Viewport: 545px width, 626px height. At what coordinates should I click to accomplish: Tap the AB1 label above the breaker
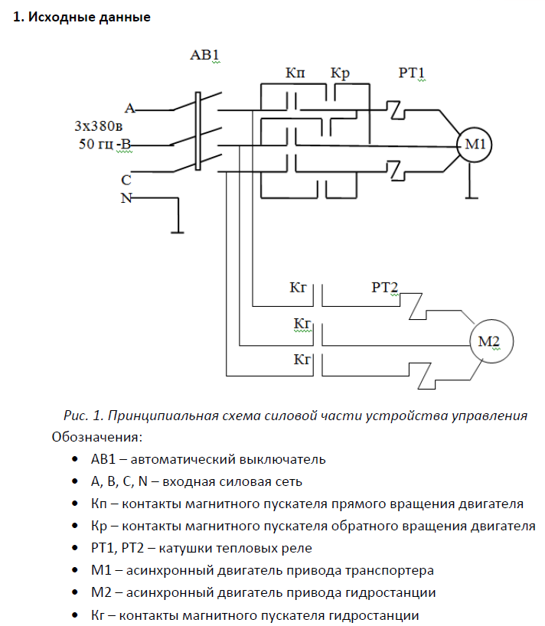[x=204, y=54]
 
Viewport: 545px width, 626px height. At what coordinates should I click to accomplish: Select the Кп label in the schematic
[x=295, y=73]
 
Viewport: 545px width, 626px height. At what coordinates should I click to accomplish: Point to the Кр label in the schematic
[x=340, y=74]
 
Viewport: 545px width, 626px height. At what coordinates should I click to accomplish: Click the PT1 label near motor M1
[x=411, y=73]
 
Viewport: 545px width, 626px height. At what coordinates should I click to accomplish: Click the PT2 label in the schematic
[x=385, y=287]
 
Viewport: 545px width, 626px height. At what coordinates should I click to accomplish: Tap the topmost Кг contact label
[x=298, y=287]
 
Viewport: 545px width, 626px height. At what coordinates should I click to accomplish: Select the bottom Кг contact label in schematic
[x=302, y=360]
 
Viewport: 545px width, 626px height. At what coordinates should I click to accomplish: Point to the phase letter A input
[x=130, y=108]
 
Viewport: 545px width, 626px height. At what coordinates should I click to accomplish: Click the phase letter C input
[x=126, y=180]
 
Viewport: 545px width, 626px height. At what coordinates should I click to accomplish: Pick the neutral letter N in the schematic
[x=126, y=198]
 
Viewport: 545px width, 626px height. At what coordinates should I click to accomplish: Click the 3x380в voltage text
[x=98, y=126]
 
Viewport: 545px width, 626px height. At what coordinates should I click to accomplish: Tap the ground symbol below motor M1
[x=472, y=197]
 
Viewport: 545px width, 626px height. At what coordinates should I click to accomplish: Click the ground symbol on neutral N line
[x=178, y=232]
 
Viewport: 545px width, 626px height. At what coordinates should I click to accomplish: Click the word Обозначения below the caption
[x=97, y=437]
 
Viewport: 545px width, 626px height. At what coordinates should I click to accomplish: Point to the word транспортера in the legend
[x=390, y=570]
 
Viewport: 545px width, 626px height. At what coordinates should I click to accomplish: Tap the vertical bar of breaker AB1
[x=197, y=132]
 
